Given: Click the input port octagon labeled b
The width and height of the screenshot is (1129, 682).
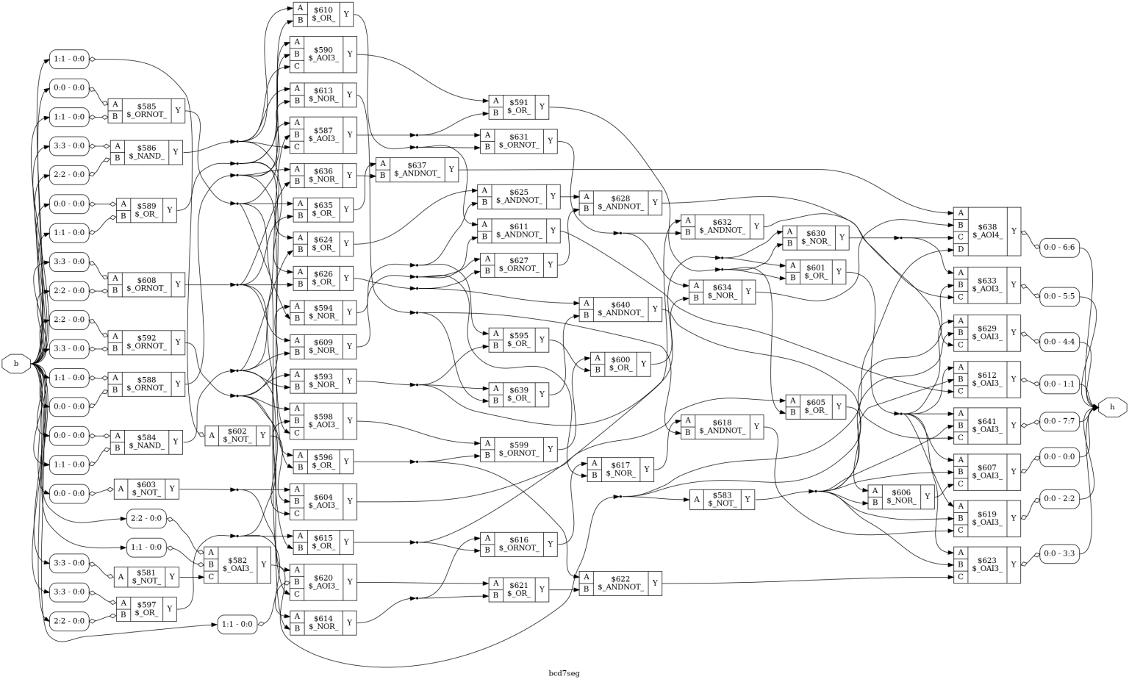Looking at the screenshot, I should [16, 363].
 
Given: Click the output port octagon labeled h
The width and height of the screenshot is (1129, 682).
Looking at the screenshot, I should [1112, 406].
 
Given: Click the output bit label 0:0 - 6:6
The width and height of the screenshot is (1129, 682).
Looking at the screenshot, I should [1059, 248].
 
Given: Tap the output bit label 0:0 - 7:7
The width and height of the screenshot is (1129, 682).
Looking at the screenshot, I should [1059, 421].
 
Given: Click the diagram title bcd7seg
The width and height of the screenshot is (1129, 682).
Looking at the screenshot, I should [564, 673].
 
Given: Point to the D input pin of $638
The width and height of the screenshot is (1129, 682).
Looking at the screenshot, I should [961, 250].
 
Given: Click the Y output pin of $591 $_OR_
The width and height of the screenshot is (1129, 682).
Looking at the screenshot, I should [542, 107].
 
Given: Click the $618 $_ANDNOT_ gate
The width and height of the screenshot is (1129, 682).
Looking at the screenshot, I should [722, 426].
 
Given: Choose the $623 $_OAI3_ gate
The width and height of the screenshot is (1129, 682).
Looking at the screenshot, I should [986, 564].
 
